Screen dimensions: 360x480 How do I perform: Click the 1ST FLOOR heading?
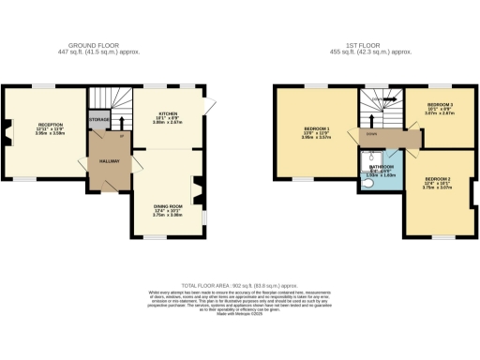374,45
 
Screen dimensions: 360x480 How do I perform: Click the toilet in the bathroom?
367,184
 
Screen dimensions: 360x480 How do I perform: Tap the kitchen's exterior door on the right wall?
212,106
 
